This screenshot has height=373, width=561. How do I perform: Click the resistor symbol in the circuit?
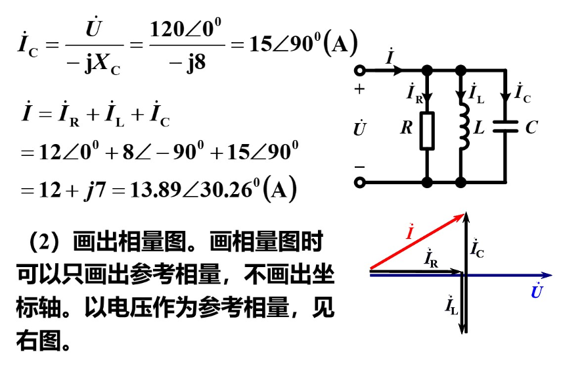(428, 130)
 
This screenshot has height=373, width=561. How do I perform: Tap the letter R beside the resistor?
(407, 128)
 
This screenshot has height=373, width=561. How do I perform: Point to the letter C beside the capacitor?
(531, 128)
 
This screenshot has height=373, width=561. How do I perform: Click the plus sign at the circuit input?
(359, 90)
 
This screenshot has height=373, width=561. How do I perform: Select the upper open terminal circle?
(359, 70)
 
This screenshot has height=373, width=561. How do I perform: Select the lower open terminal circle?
(359, 182)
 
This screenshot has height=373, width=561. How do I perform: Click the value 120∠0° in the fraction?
(186, 30)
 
